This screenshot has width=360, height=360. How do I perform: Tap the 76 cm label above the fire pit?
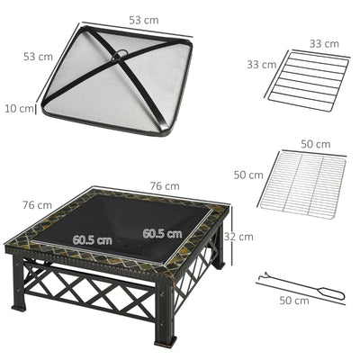tap(165, 186)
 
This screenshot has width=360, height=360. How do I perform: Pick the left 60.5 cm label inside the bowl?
tap(93, 239)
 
